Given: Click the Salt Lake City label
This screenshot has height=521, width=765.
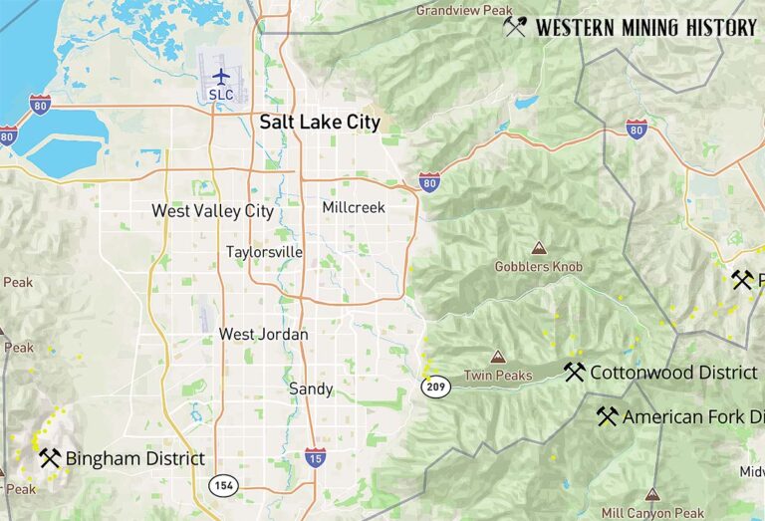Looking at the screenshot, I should (x=320, y=123).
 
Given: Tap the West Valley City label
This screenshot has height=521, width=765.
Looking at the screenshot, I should (x=212, y=211).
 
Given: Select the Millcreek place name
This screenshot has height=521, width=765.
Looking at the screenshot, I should (x=354, y=207).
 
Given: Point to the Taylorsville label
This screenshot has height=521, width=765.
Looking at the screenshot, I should (x=264, y=252).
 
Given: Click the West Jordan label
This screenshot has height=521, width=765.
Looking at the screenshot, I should (x=264, y=335).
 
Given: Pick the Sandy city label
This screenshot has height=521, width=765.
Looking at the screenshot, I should (x=311, y=389).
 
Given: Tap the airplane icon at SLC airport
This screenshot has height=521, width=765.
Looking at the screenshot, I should (x=221, y=77).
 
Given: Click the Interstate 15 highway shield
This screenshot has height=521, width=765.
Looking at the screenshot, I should (x=315, y=457).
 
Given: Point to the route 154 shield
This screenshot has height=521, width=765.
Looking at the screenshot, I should (x=222, y=484).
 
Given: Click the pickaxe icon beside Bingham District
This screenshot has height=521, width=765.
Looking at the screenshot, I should (x=50, y=458).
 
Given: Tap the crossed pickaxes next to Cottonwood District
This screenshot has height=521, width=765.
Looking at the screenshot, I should (x=574, y=372).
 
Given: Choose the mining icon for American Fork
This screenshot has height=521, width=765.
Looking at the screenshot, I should (x=608, y=416).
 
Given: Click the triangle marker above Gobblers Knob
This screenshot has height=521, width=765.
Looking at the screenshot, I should (x=538, y=248).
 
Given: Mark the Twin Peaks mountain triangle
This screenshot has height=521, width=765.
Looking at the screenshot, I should (x=497, y=357).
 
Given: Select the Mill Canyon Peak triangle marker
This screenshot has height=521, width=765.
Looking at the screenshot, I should (x=652, y=494).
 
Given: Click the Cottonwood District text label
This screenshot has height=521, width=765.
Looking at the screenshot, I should (x=673, y=373).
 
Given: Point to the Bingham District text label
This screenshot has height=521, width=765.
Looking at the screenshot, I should (x=135, y=459).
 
